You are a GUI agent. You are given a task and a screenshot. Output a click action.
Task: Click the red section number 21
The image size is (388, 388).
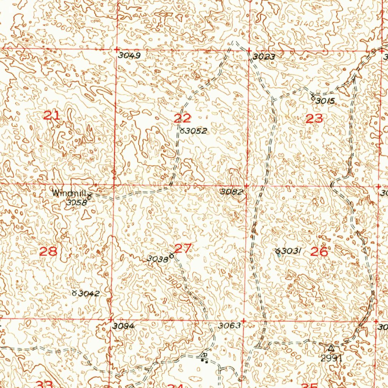pyautogui.click(x=51, y=116)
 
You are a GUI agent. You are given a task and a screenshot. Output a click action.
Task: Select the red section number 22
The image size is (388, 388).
pyautogui.click(x=182, y=118)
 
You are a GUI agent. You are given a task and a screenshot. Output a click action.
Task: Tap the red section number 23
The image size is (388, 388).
pyautogui.click(x=314, y=119)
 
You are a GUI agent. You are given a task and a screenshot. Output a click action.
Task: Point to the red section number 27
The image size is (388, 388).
pyautogui.click(x=184, y=249)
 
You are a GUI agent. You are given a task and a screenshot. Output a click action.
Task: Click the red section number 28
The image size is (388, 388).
pyautogui.click(x=48, y=251)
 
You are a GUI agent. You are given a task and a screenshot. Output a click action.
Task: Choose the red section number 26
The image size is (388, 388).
pyautogui.click(x=319, y=251)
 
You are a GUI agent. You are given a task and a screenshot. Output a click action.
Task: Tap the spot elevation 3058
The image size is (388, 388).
pyautogui.click(x=77, y=202)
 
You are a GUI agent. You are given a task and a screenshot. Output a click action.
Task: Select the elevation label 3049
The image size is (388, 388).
pyautogui.click(x=129, y=55)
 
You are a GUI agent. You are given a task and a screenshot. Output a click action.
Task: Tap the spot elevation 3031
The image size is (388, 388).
pyautogui.click(x=291, y=251)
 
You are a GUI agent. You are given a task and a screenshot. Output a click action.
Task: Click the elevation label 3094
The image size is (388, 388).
pyautogui.click(x=124, y=326)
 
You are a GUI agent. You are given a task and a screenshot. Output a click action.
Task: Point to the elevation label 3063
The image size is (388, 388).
pyautogui.click(x=229, y=325)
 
